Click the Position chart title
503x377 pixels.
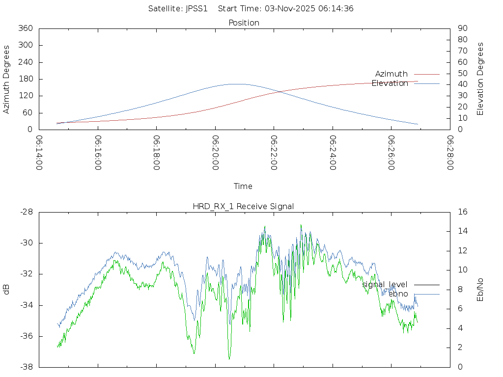tap(244, 23)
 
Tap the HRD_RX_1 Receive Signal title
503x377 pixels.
tap(243, 206)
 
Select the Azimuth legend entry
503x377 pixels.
tap(391, 74)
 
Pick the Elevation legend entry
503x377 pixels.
tap(390, 83)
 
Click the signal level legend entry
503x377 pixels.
tap(385, 284)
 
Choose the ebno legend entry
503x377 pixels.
tap(398, 294)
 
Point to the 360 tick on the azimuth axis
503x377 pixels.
tap(26, 28)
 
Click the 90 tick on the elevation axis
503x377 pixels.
tap(462, 28)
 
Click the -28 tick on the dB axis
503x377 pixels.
tap(26, 212)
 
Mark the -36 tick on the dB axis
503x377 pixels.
tap(26, 336)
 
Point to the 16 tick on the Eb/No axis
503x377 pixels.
tap(462, 212)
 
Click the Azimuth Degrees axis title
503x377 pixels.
tap(7, 79)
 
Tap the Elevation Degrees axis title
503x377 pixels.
tap(480, 79)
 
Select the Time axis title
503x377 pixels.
tap(243, 186)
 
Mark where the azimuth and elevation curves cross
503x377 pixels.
tap(279, 91)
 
